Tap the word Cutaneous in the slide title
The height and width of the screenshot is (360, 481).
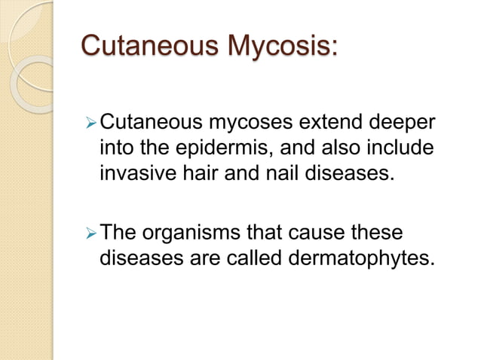tap(150, 46)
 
